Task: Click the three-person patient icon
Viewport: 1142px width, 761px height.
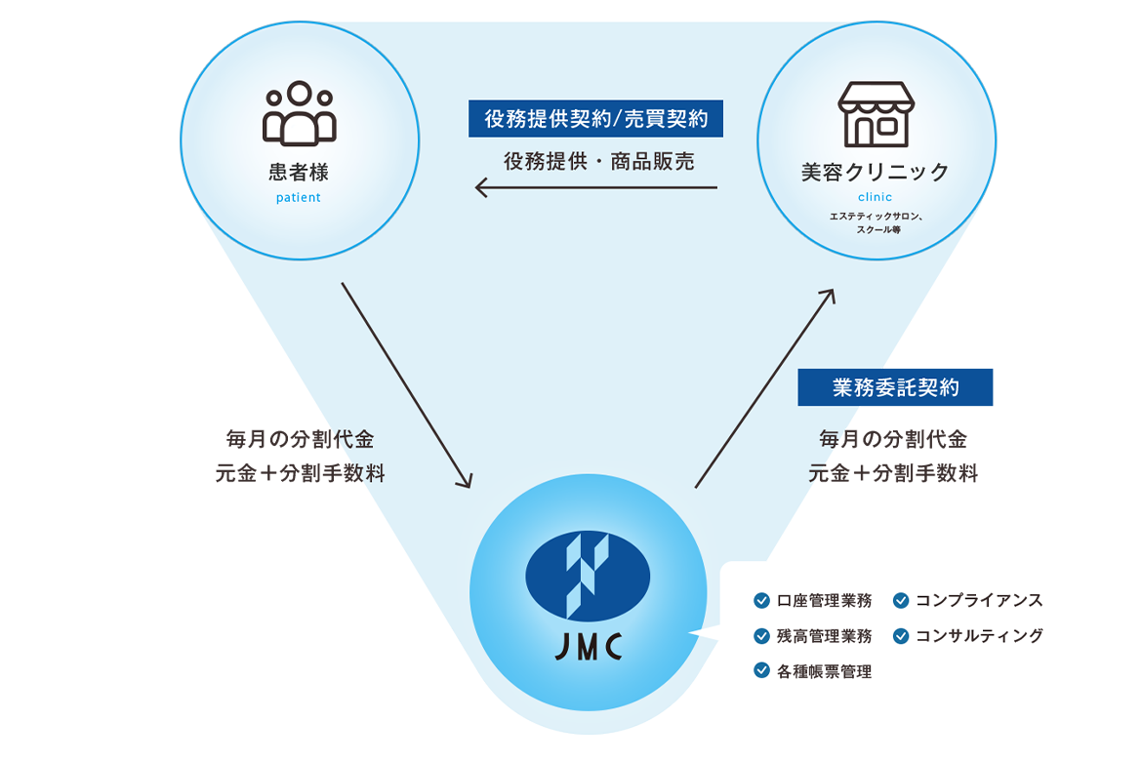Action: click(299, 113)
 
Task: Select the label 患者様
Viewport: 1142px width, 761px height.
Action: click(299, 173)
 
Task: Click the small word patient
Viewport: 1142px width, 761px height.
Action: click(298, 197)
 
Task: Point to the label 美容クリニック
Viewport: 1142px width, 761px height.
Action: click(875, 173)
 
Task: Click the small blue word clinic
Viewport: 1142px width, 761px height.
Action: click(875, 197)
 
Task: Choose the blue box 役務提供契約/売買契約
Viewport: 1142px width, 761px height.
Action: click(595, 119)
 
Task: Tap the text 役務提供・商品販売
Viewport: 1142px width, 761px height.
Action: click(598, 162)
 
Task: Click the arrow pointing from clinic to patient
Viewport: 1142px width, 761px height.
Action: click(595, 187)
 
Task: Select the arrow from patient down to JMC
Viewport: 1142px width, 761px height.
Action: click(406, 385)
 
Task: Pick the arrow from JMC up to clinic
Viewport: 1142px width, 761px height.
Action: click(765, 387)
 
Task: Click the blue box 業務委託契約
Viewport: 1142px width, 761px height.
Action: click(895, 387)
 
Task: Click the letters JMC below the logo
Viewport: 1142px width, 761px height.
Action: click(588, 648)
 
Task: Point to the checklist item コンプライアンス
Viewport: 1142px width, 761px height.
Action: click(978, 601)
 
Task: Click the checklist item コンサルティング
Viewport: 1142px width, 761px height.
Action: click(978, 636)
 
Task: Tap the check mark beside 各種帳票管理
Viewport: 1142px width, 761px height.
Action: click(761, 670)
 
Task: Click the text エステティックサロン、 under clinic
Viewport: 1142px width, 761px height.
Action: click(877, 217)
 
